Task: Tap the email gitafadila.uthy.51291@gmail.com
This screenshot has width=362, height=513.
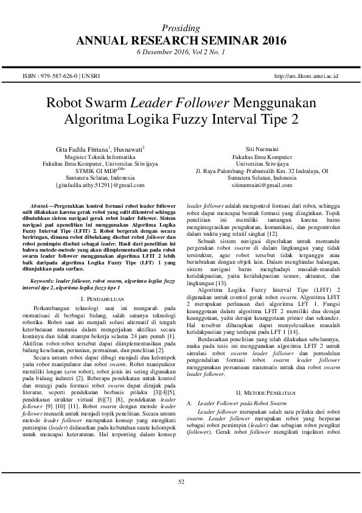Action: [100, 184]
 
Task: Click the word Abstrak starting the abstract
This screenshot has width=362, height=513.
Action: [41, 200]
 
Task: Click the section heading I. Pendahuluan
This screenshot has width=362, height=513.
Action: [102, 283]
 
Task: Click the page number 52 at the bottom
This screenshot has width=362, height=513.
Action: [181, 483]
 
